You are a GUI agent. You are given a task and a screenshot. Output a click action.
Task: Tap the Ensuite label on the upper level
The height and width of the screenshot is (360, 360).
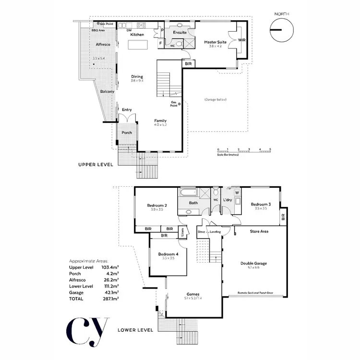click(180, 33)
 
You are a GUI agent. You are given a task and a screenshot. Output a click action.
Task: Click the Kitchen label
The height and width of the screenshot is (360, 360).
click(137, 35)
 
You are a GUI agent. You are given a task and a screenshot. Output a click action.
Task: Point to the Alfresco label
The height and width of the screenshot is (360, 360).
click(103, 44)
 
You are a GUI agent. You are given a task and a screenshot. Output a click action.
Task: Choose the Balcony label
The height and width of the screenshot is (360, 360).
click(107, 91)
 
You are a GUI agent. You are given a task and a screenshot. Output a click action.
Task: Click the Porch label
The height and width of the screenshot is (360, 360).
click(127, 133)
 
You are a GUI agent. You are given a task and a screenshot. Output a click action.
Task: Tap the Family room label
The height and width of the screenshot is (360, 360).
click(161, 120)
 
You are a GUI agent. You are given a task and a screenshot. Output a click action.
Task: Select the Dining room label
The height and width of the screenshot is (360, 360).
click(137, 77)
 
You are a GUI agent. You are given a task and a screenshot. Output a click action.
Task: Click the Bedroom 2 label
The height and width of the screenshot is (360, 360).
click(157, 205)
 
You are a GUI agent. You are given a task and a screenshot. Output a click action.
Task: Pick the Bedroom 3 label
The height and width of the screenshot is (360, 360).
click(261, 204)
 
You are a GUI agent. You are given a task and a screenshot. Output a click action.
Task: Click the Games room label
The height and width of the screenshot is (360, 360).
click(193, 294)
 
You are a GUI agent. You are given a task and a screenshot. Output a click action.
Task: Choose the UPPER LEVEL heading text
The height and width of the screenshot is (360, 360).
click(96, 164)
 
